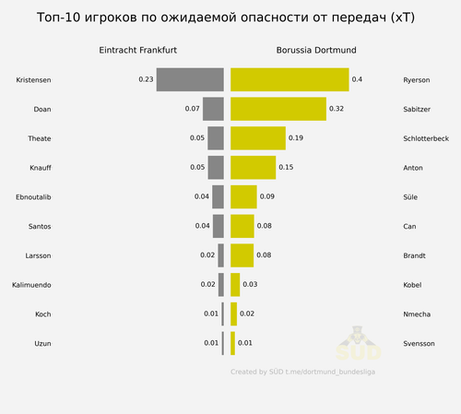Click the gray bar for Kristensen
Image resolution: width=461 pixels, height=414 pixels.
[x=190, y=79]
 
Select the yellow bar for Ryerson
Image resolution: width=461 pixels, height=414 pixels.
[x=290, y=79]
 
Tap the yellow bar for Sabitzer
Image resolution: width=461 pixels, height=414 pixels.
[x=278, y=109]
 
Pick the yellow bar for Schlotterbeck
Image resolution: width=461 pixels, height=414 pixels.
[x=258, y=138]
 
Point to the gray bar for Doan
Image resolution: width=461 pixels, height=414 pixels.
[x=213, y=109]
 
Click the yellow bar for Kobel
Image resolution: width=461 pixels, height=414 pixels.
[x=235, y=285]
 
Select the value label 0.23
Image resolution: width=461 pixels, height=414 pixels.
[x=146, y=79]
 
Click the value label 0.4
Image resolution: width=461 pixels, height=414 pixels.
[x=357, y=79]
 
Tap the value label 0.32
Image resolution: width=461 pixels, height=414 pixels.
[x=337, y=109]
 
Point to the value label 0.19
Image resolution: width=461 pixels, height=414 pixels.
[x=296, y=138]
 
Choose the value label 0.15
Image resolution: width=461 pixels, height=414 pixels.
[x=286, y=167]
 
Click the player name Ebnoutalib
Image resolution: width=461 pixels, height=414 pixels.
[x=33, y=197]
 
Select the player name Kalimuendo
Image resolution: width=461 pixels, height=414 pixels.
[x=31, y=285]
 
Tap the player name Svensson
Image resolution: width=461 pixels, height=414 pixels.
[x=419, y=344]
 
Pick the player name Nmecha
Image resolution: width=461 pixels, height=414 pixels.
[x=417, y=314]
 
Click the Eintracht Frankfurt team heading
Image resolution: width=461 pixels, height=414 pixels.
[x=137, y=50]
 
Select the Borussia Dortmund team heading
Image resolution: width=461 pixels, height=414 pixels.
[x=316, y=50]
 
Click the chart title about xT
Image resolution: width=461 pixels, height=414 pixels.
[x=226, y=18]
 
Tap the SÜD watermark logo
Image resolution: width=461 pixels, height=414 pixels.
[x=358, y=343]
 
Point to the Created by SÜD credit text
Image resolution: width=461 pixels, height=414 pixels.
[x=302, y=372]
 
